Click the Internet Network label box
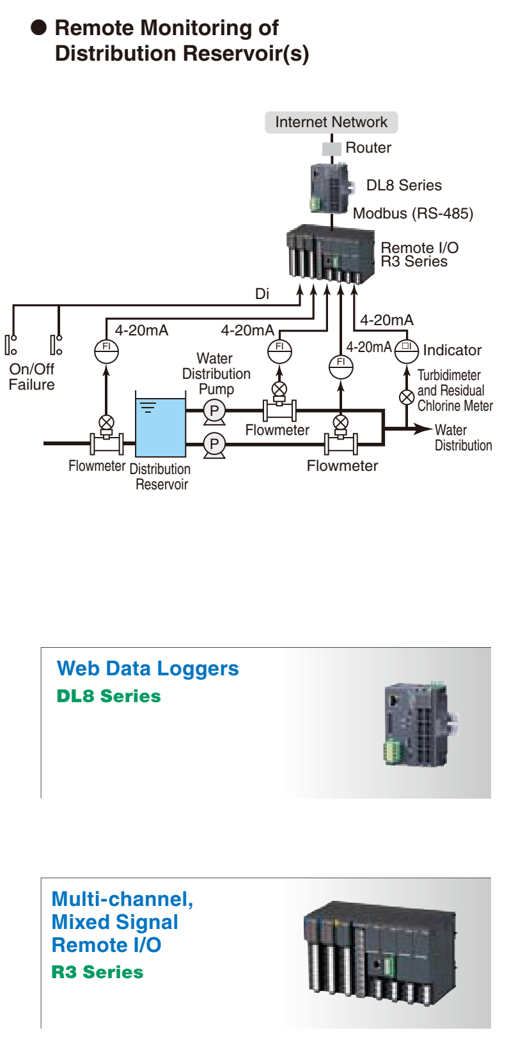[x=331, y=122]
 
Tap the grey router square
[x=331, y=148]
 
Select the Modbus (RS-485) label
[x=413, y=213]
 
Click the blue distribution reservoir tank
[x=161, y=427]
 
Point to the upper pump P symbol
[x=214, y=411]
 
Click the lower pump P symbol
[x=214, y=443]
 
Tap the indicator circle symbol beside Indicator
[x=407, y=349]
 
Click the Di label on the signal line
[x=262, y=294]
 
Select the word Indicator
[x=452, y=350]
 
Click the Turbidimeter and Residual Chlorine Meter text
[x=455, y=390]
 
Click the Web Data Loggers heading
[x=148, y=669]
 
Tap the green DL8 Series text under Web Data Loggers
[x=109, y=696]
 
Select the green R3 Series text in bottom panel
[x=97, y=972]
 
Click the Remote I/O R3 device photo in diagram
[x=331, y=254]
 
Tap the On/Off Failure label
[x=32, y=377]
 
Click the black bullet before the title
[x=40, y=27]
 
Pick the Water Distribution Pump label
[x=216, y=374]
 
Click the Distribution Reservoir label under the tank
[x=160, y=477]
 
